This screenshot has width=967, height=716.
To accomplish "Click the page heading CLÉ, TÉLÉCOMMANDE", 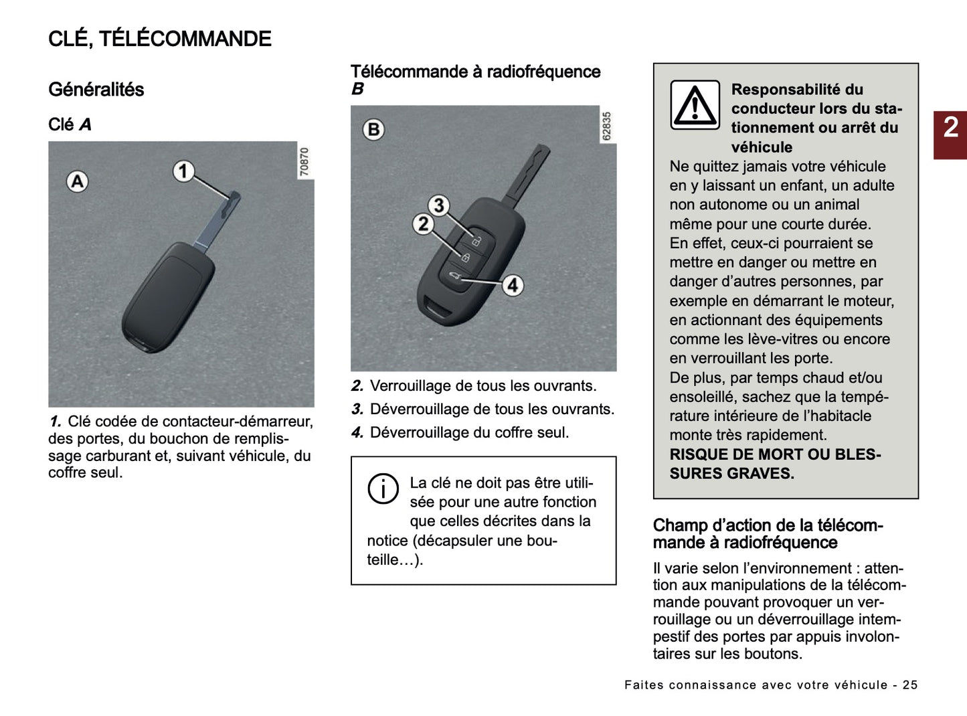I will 159,39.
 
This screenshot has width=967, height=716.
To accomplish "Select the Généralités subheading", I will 96,90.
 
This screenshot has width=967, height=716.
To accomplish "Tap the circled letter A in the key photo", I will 78,181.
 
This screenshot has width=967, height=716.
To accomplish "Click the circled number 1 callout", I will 183,171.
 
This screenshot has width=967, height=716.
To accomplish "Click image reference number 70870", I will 304,162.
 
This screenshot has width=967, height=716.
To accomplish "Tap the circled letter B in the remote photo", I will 374,129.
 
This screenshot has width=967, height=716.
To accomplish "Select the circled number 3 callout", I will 438,205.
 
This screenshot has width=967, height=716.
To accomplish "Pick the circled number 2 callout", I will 422,223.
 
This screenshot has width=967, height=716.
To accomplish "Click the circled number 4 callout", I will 513,286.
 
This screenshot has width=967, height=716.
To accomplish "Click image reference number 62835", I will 606,126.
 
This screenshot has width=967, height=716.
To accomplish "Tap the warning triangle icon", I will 695,106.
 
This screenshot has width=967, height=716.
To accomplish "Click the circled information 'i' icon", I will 383,488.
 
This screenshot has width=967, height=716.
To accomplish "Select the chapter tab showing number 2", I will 950,128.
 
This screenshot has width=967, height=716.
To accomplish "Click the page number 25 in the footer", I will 910,685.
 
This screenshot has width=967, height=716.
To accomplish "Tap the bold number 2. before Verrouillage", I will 357,386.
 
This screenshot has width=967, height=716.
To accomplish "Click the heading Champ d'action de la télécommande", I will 768,534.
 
